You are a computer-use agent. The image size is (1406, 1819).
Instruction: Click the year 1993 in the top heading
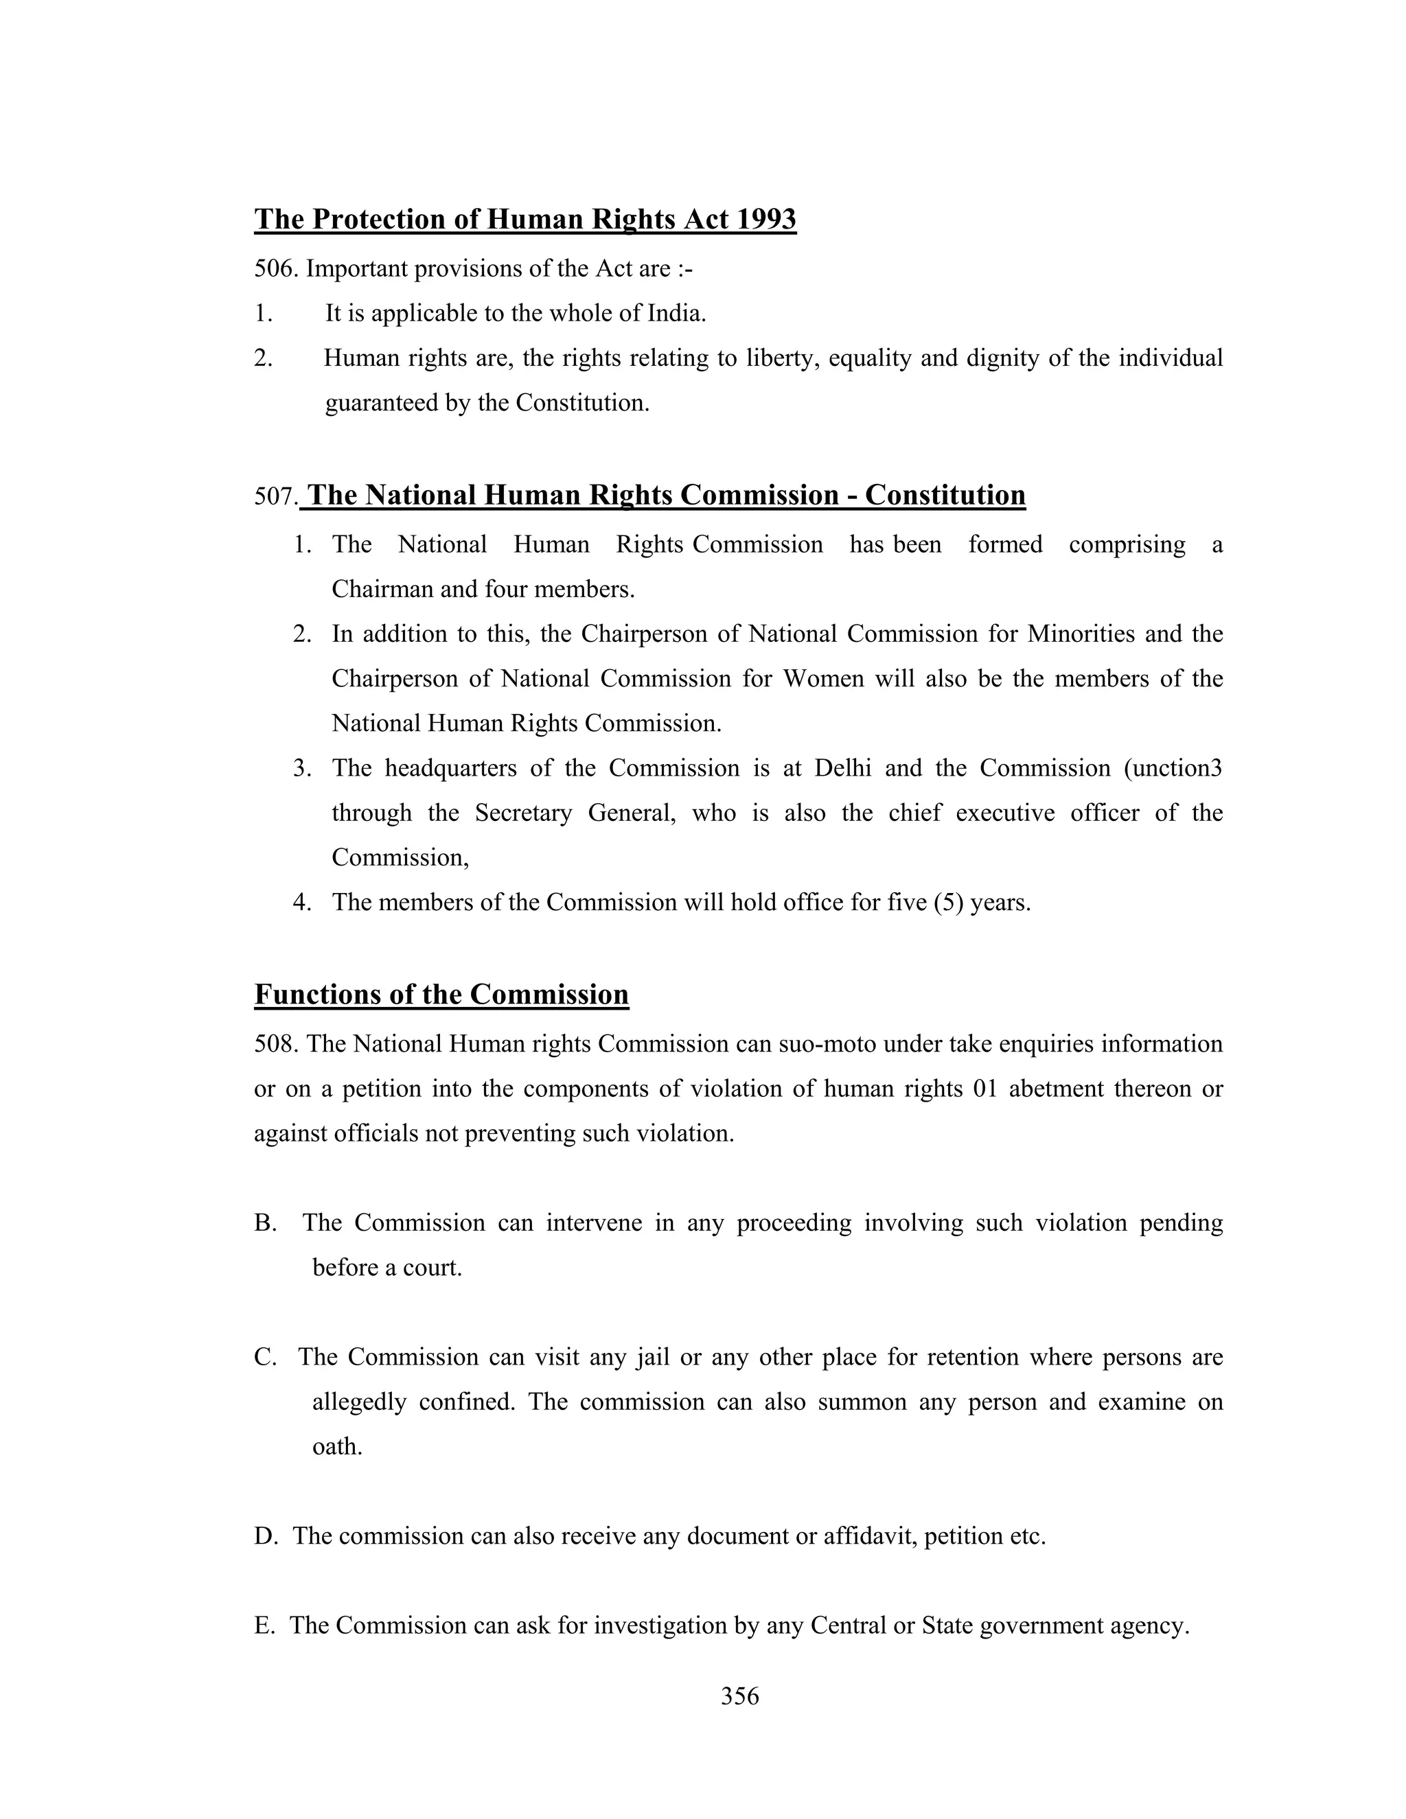(764, 219)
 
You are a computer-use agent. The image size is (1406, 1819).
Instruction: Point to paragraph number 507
(276, 496)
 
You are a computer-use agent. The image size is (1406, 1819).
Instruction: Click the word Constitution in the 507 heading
(945, 495)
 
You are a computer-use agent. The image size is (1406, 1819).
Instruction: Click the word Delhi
(842, 768)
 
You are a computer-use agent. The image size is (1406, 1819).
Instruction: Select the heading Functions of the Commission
(441, 995)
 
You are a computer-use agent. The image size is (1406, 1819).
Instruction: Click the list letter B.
(264, 1223)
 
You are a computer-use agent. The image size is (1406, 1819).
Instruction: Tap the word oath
(336, 1447)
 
